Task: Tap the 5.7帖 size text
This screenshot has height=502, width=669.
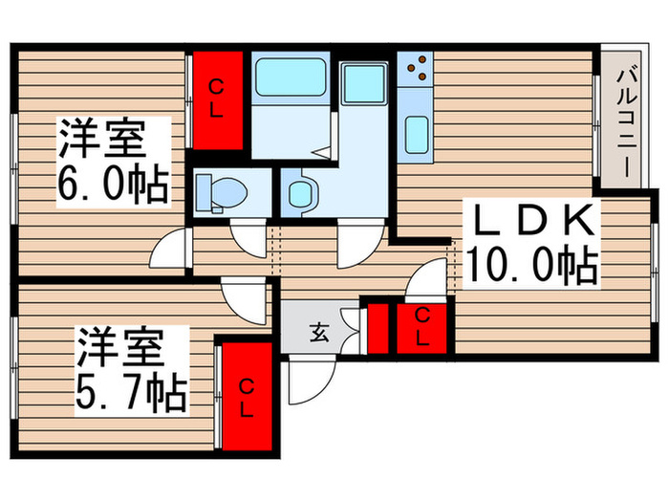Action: pos(131,385)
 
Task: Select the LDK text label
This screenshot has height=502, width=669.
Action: pos(530,222)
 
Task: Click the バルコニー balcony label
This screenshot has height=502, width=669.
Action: pos(626,120)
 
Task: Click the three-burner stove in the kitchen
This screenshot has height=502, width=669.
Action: pos(417,67)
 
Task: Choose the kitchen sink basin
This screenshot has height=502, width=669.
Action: pos(417,134)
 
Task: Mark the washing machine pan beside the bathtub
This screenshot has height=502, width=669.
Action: pos(364,83)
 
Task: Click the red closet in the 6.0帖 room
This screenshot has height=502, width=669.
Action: pos(217,98)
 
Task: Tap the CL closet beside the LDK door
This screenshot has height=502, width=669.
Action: pos(422,328)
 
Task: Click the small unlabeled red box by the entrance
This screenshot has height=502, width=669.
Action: pos(378,327)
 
